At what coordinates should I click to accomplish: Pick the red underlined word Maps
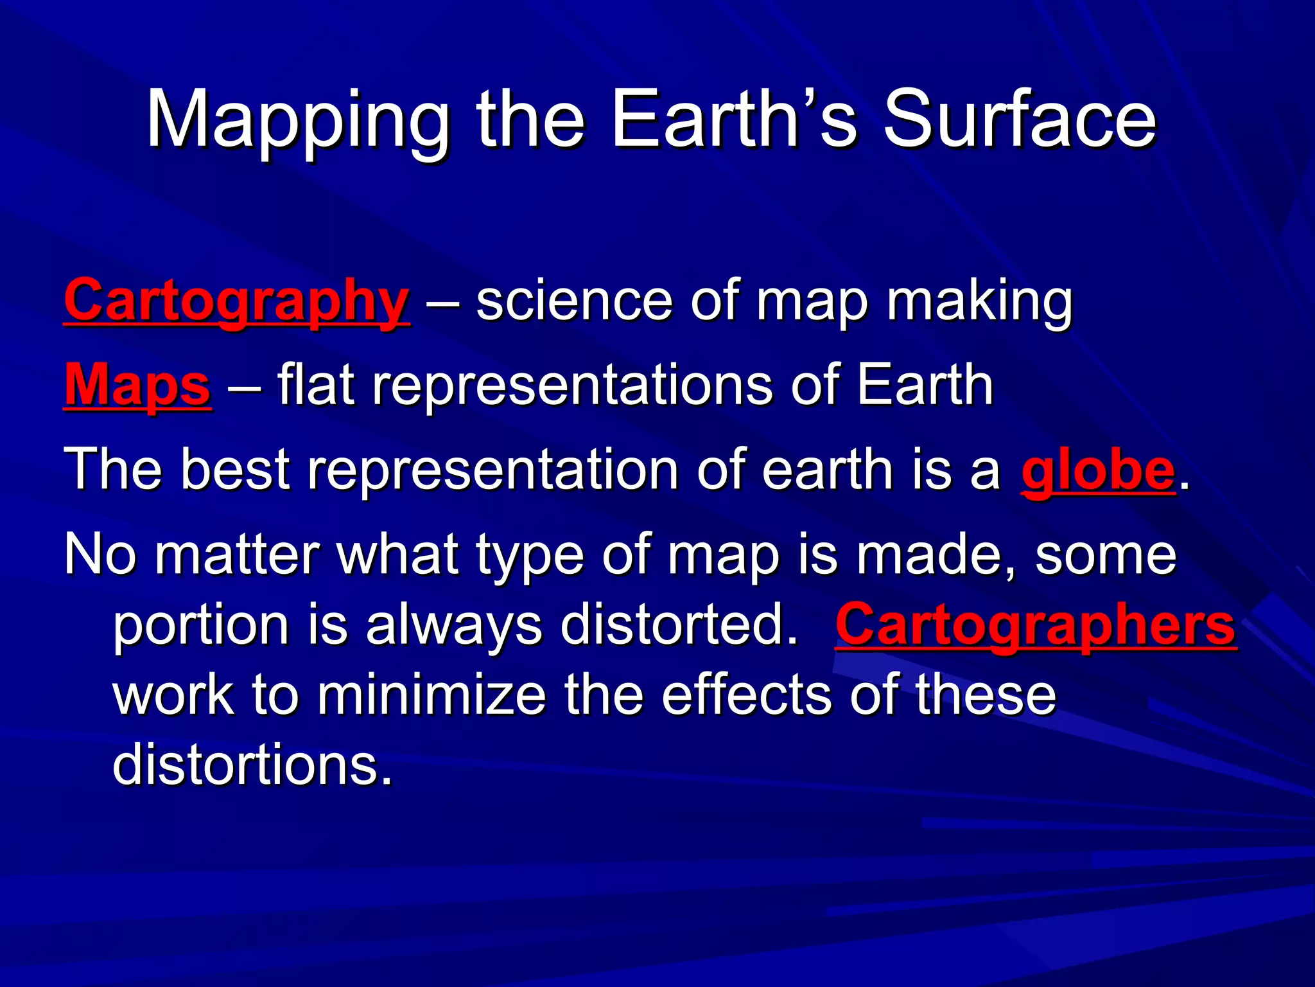(x=137, y=386)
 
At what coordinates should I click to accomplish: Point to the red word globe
(x=1098, y=470)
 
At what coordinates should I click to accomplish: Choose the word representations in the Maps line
(x=572, y=386)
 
